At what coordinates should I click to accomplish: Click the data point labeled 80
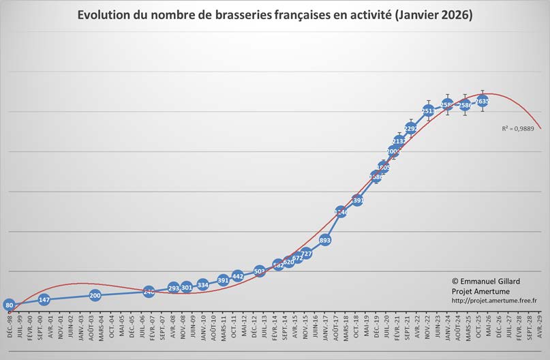coord(9,305)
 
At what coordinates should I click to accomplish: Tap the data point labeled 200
coord(95,295)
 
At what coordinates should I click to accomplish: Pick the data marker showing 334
coord(203,284)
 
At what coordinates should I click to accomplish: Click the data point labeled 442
coord(238,276)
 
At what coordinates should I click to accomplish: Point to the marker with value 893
coord(325,240)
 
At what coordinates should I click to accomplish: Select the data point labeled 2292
coord(411,127)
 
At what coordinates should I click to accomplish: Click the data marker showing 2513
coord(429,110)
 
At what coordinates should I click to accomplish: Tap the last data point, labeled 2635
coord(482,102)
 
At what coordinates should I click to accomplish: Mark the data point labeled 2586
coord(465,105)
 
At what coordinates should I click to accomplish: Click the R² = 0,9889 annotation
coord(517,127)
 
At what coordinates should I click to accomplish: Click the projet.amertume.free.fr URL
coord(494,300)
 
